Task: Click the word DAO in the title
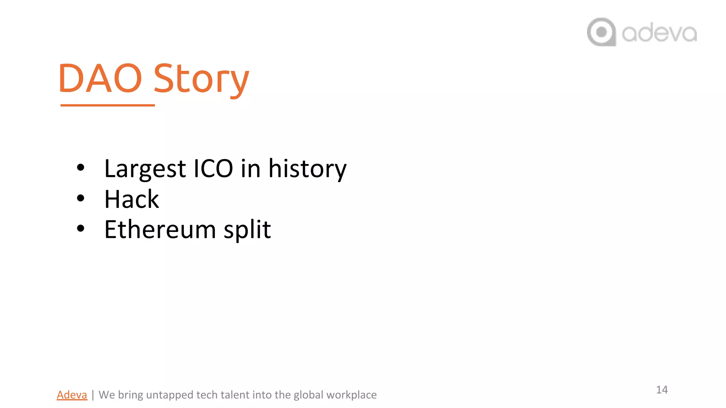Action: (x=100, y=78)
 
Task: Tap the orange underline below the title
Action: (x=107, y=105)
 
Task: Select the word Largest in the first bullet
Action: (x=145, y=169)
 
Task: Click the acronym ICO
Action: (x=213, y=169)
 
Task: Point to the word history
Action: (x=307, y=169)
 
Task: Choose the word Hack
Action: (x=132, y=199)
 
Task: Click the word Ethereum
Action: (x=160, y=229)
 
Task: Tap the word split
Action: (x=247, y=229)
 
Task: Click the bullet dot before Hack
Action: (x=80, y=198)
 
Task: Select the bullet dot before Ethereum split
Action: (x=80, y=228)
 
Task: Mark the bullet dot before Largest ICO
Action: (x=80, y=168)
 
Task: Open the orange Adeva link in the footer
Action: (x=72, y=395)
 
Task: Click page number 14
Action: (x=662, y=390)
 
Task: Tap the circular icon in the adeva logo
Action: (x=601, y=32)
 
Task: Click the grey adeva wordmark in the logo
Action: (x=659, y=33)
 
